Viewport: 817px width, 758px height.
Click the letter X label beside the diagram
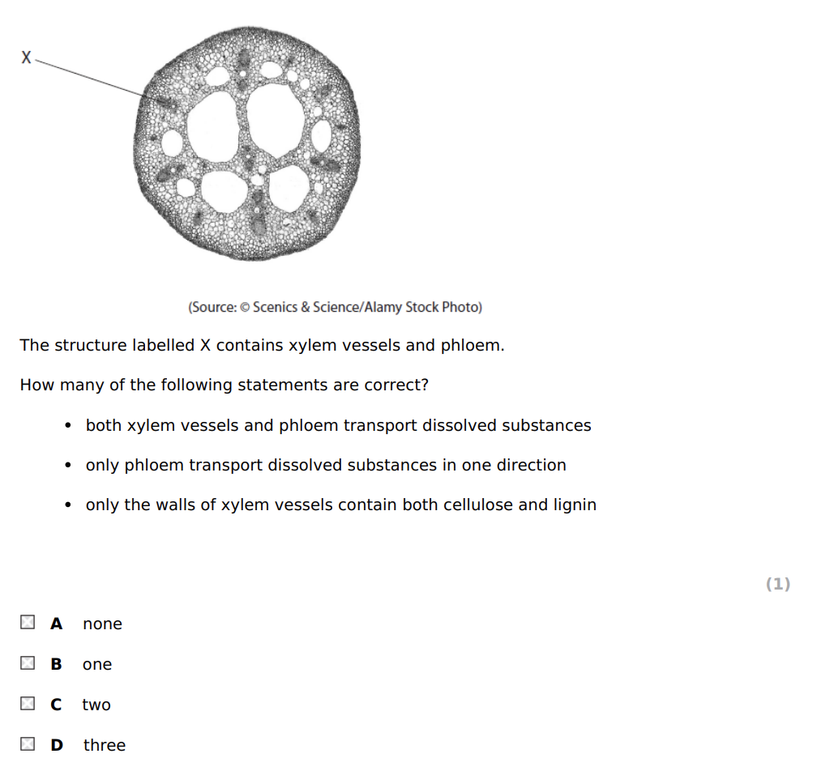tap(27, 57)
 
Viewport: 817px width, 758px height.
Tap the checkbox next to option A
tap(28, 623)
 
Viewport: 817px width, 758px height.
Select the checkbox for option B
tap(28, 663)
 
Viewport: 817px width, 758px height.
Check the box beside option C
tap(28, 704)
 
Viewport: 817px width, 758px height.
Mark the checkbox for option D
tap(28, 744)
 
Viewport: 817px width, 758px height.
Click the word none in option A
tap(102, 624)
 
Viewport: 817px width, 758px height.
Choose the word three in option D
tap(105, 745)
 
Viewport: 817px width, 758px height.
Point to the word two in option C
tap(96, 705)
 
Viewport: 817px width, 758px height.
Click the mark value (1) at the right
tap(777, 584)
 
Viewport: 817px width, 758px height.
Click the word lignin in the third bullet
tap(575, 505)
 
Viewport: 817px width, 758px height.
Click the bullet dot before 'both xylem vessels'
tap(69, 426)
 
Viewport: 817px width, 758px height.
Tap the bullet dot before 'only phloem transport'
tap(69, 466)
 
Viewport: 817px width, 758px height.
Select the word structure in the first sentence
tap(87, 346)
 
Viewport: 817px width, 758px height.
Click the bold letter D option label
tap(57, 745)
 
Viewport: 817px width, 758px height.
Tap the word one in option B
tap(97, 665)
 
